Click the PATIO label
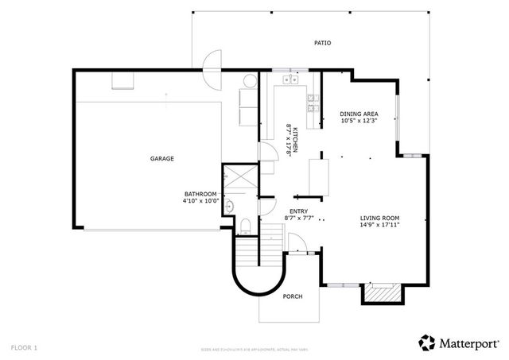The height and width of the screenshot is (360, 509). (x=321, y=43)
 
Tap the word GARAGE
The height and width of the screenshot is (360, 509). (x=162, y=158)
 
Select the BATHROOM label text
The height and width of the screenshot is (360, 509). (x=200, y=194)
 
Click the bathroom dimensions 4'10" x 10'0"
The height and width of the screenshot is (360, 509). (x=200, y=201)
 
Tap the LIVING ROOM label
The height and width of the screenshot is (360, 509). (x=379, y=217)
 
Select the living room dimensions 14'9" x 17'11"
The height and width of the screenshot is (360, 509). (x=379, y=224)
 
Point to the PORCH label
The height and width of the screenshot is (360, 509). (x=293, y=296)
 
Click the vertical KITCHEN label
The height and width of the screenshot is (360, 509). (x=294, y=141)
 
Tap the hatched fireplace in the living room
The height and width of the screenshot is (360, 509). (x=379, y=294)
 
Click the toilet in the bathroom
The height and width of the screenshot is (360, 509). (x=247, y=226)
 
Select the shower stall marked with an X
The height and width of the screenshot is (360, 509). (x=238, y=179)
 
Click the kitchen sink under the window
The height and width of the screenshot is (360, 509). (x=289, y=79)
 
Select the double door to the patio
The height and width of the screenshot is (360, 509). (x=212, y=69)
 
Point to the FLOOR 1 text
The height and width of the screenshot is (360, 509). (x=24, y=347)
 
